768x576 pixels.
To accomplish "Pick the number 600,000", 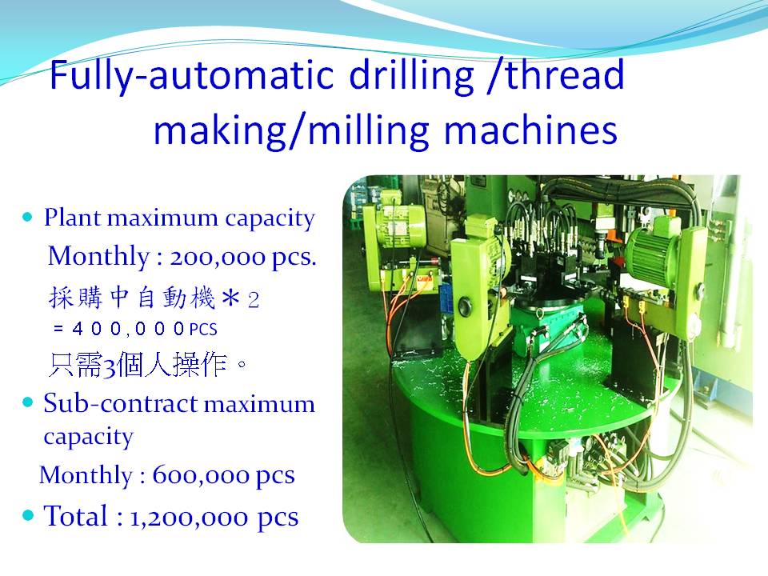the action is coord(201,475).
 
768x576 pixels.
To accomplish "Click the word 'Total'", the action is coord(75,516).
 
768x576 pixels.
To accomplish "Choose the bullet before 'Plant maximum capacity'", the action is coord(28,217).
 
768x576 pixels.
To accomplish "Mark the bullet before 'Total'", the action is coord(29,515).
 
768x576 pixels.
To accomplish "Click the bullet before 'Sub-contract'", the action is coord(28,402).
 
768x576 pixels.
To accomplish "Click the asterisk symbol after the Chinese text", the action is coord(230,298).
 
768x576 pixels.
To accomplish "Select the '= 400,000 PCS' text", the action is coord(135,328).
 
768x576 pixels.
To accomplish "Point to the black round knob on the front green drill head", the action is coord(464,307).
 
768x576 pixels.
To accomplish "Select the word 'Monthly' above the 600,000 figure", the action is coord(86,475).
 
